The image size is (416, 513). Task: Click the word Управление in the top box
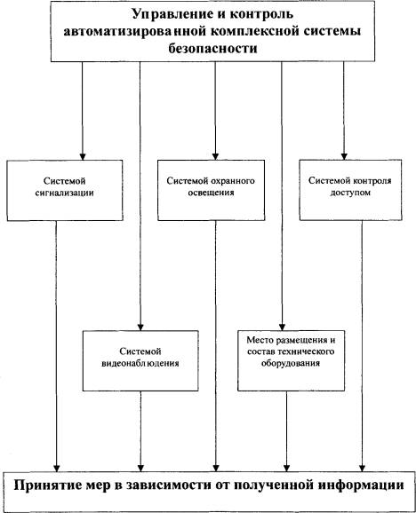tap(170, 15)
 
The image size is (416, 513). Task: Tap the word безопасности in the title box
tap(212, 49)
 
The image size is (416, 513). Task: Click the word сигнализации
tap(65, 193)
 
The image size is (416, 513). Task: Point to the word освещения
tap(211, 193)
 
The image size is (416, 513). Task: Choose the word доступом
tap(350, 193)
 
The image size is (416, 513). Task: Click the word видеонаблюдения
tap(140, 363)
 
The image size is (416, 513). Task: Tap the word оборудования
tap(290, 363)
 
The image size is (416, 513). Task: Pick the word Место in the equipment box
tap(260, 340)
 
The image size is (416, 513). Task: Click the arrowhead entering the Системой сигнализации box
tap(83, 156)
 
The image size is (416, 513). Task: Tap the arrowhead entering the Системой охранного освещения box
tap(215, 156)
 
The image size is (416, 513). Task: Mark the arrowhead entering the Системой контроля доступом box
tap(344, 156)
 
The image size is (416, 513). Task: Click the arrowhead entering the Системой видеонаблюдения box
tap(140, 327)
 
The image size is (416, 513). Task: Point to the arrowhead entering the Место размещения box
tap(282, 327)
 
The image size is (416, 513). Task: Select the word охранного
tap(233, 181)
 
